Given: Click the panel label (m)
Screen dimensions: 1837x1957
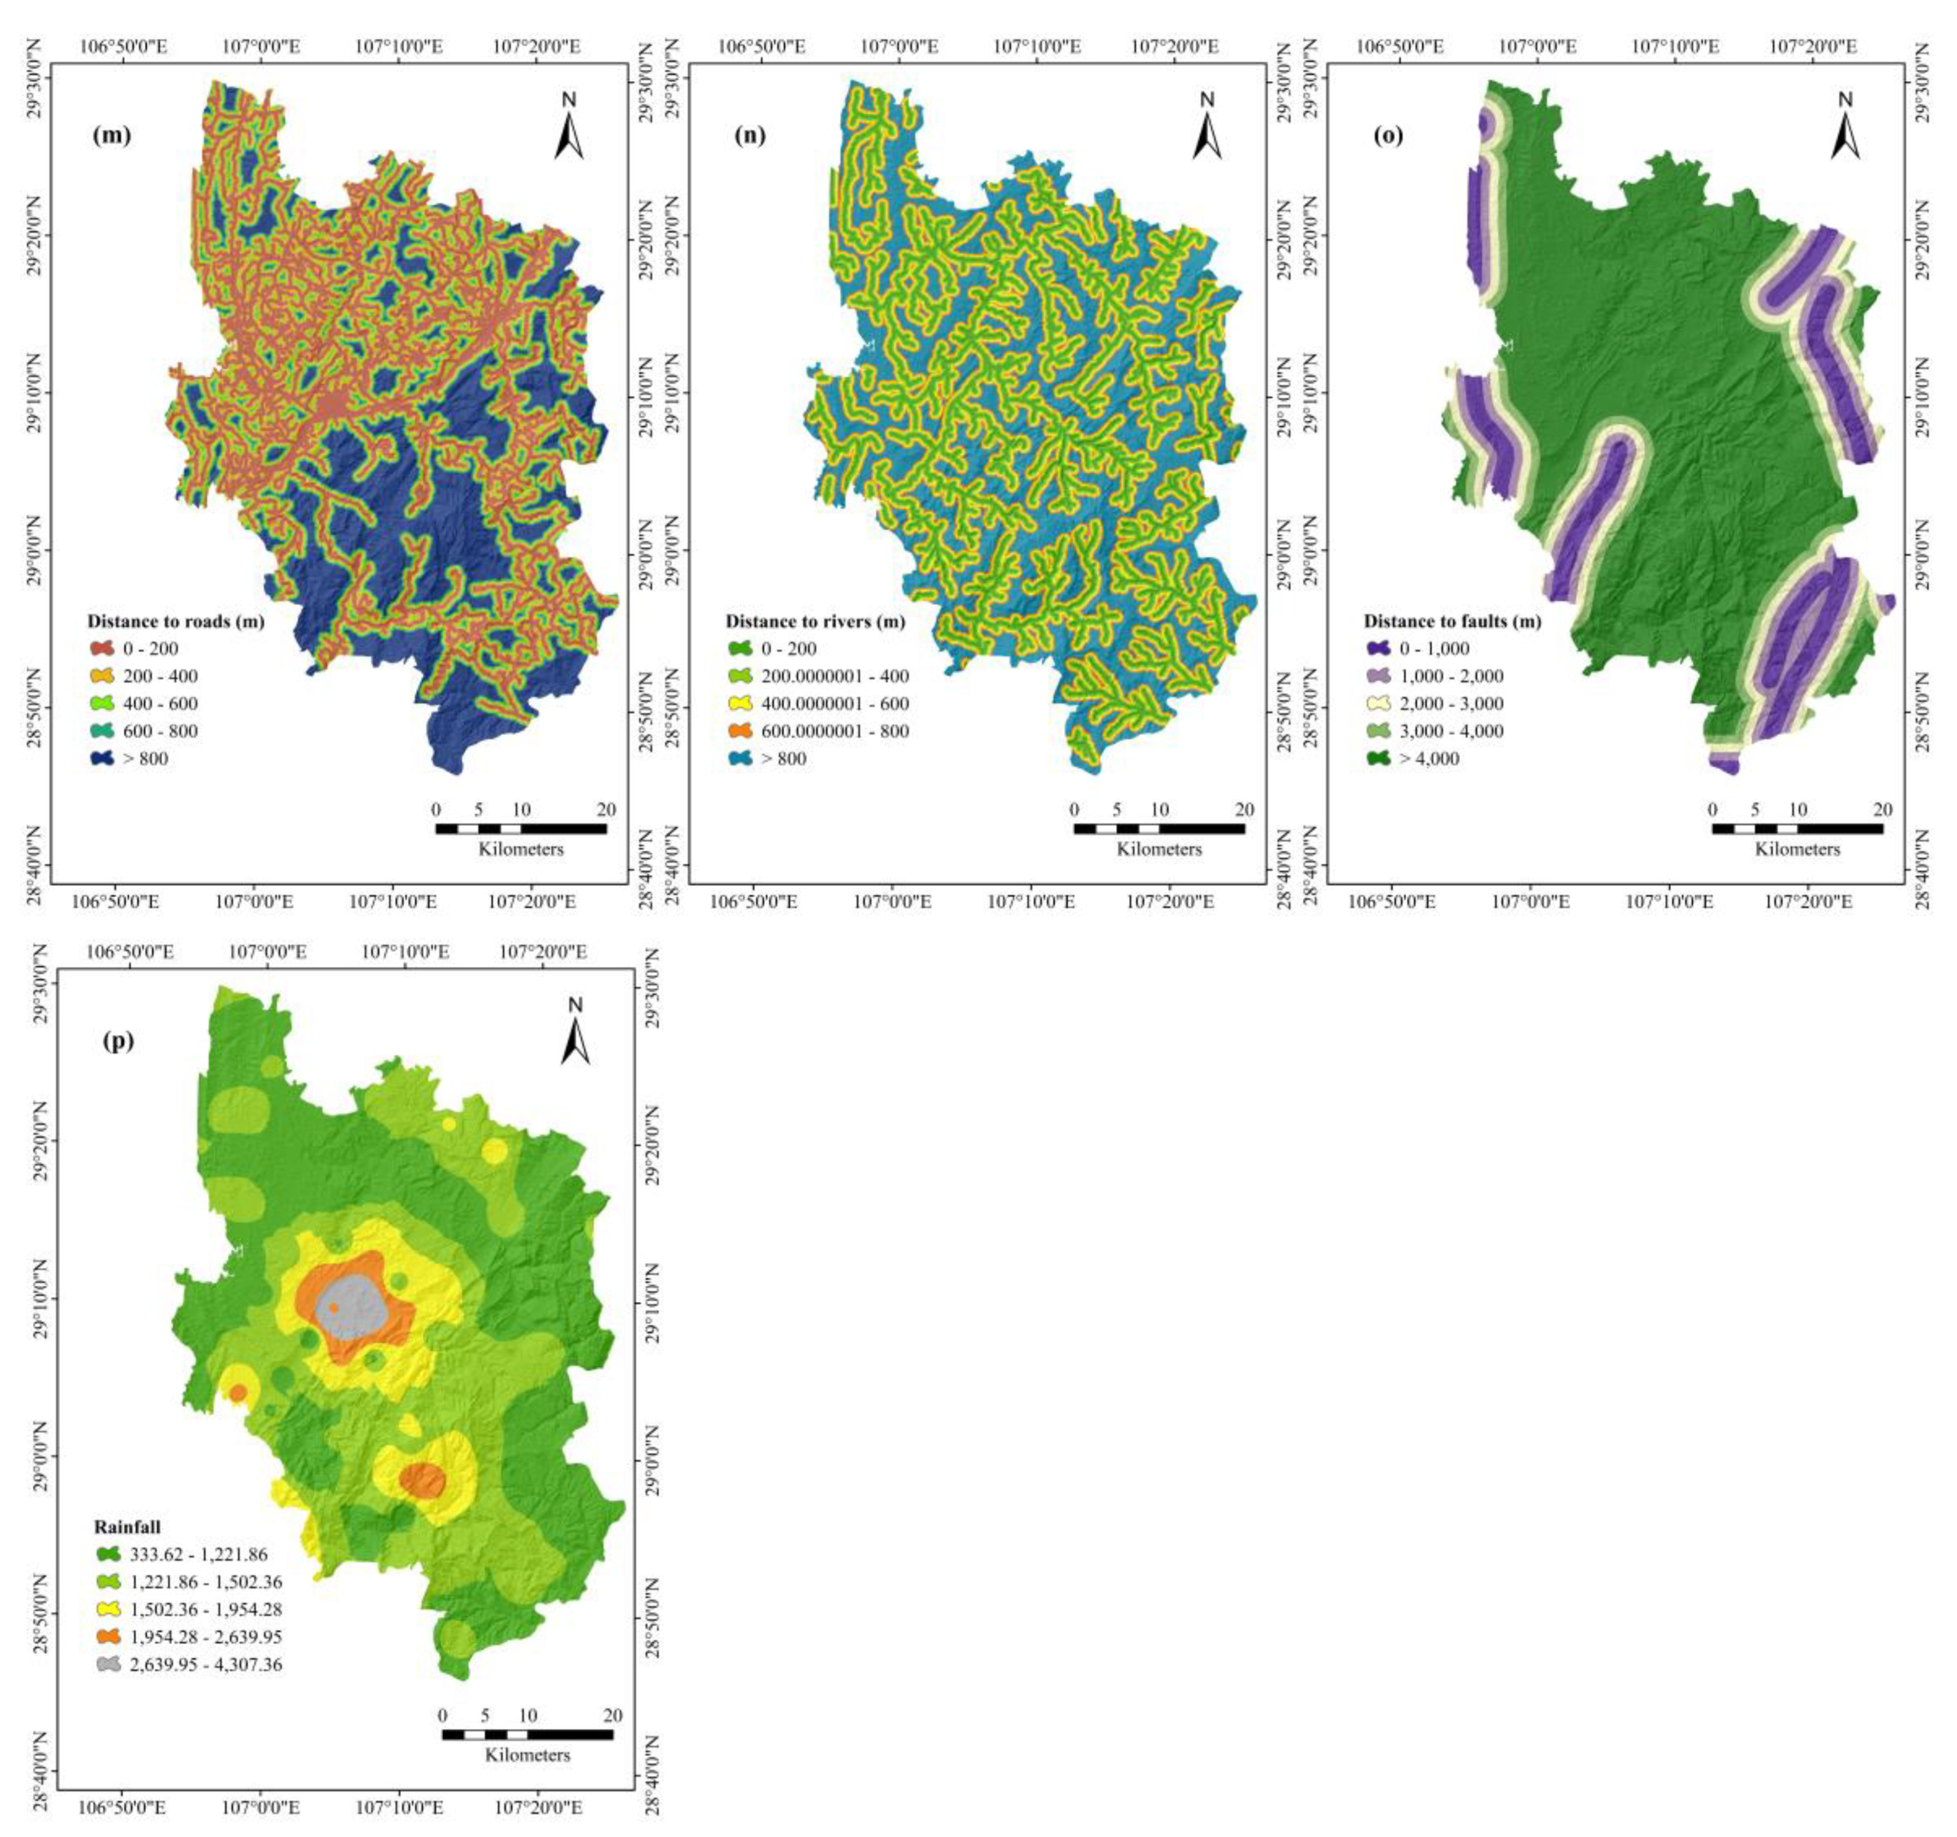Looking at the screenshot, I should tap(111, 136).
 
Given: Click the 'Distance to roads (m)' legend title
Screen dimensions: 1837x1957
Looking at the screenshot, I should tap(175, 621).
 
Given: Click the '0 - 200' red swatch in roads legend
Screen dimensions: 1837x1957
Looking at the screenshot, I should tap(101, 649).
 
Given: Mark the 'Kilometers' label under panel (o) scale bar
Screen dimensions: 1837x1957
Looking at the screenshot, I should tap(1797, 849).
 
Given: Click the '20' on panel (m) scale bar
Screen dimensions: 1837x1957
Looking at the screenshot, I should tap(606, 810).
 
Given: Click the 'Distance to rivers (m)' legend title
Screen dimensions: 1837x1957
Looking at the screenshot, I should tap(815, 621).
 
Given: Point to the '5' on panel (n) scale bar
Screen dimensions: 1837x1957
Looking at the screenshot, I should tap(1116, 810).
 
